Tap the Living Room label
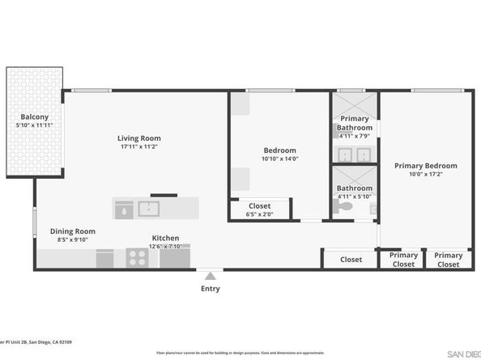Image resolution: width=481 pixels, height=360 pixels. click(138, 138)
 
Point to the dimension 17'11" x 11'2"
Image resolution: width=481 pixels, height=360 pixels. click(138, 147)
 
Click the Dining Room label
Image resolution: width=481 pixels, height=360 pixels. click(72, 231)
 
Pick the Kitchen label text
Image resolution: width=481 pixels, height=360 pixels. click(165, 239)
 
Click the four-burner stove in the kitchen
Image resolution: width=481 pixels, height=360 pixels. click(137, 258)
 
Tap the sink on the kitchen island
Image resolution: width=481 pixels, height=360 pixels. click(150, 209)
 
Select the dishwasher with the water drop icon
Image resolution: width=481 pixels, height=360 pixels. click(123, 209)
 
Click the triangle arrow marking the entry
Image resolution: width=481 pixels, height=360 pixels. click(210, 276)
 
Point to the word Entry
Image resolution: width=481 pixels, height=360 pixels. click(210, 288)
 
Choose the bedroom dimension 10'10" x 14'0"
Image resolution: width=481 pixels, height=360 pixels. click(279, 159)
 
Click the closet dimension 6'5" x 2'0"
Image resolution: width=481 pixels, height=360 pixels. click(259, 214)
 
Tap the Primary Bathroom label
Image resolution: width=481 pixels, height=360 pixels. click(355, 123)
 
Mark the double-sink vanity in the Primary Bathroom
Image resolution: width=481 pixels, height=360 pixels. click(355, 154)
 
